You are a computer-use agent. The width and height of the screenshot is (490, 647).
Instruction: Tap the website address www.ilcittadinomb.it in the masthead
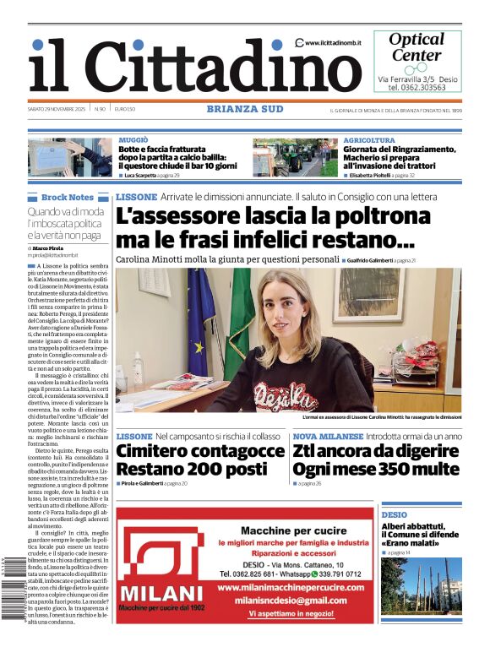tap(335, 43)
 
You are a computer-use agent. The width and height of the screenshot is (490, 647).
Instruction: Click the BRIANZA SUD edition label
tap(244, 108)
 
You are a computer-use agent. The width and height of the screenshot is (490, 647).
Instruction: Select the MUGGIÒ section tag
tap(133, 139)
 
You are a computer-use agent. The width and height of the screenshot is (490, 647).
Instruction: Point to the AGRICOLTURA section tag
tap(369, 140)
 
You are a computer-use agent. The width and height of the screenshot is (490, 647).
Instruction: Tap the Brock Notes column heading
tap(67, 197)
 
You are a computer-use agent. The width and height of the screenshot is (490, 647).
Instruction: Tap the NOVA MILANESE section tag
tap(328, 437)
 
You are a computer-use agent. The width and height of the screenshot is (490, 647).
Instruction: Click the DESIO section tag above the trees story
tap(394, 514)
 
